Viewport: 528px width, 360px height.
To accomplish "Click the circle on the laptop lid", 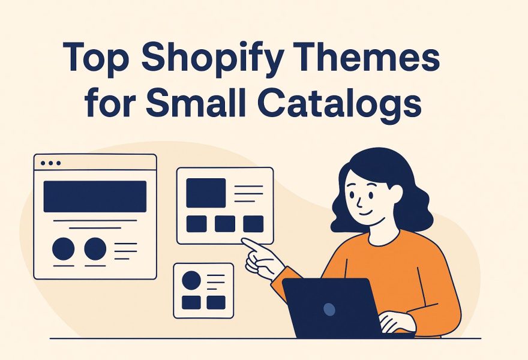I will pyautogui.click(x=329, y=309).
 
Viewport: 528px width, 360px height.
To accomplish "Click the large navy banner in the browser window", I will pyautogui.click(x=95, y=196).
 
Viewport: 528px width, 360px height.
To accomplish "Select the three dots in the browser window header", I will pyautogui.click(x=49, y=163).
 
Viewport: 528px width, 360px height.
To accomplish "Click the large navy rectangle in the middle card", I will pyautogui.click(x=206, y=193).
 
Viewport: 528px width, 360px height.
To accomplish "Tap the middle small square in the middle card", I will pyautogui.click(x=225, y=224).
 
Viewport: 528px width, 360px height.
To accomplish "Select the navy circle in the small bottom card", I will pyautogui.click(x=191, y=280).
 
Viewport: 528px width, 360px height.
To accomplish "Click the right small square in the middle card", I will pyautogui.click(x=253, y=224).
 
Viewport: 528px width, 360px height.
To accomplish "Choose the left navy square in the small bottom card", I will pyautogui.click(x=191, y=302).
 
